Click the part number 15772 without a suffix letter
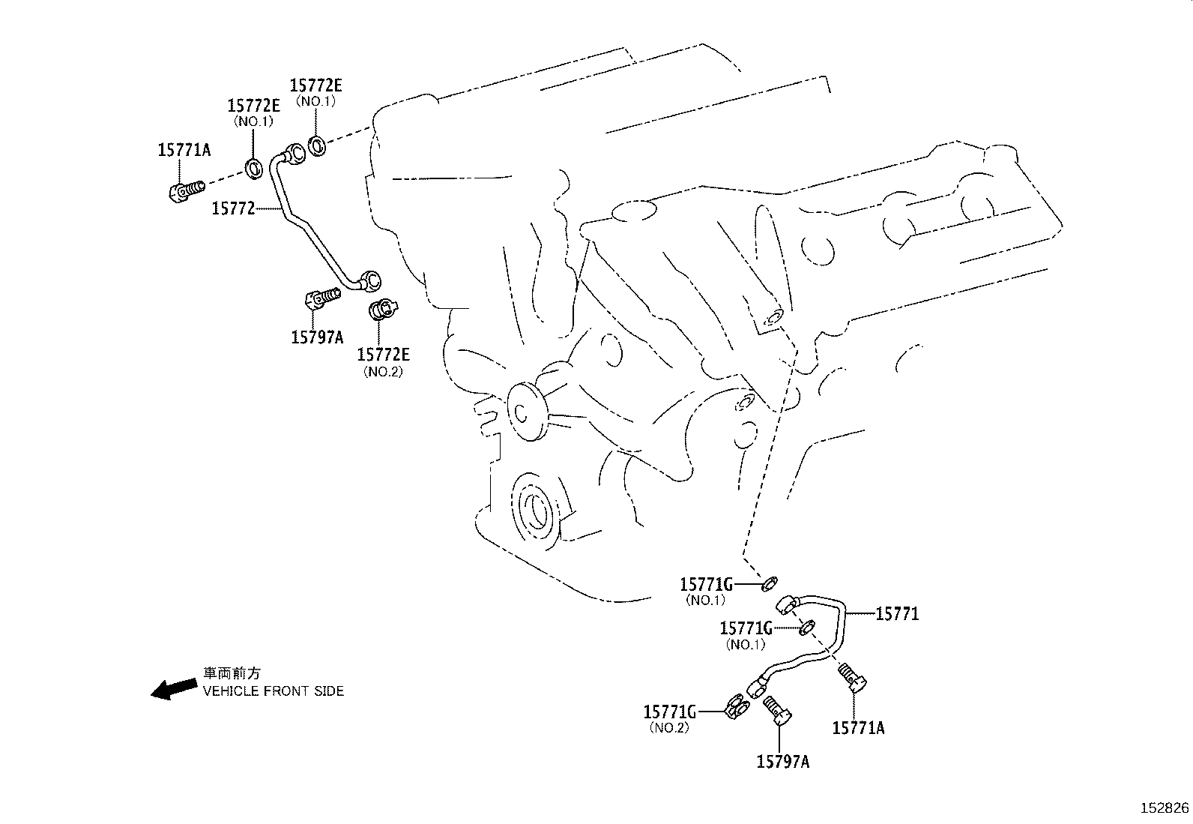click(x=233, y=208)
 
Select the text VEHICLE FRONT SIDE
click(x=274, y=691)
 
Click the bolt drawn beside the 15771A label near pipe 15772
click(x=186, y=190)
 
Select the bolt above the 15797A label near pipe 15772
click(x=321, y=300)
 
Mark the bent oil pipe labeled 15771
click(x=817, y=637)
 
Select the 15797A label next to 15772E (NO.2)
click(x=317, y=337)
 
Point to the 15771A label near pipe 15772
click(x=184, y=150)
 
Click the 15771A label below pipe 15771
click(x=858, y=727)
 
